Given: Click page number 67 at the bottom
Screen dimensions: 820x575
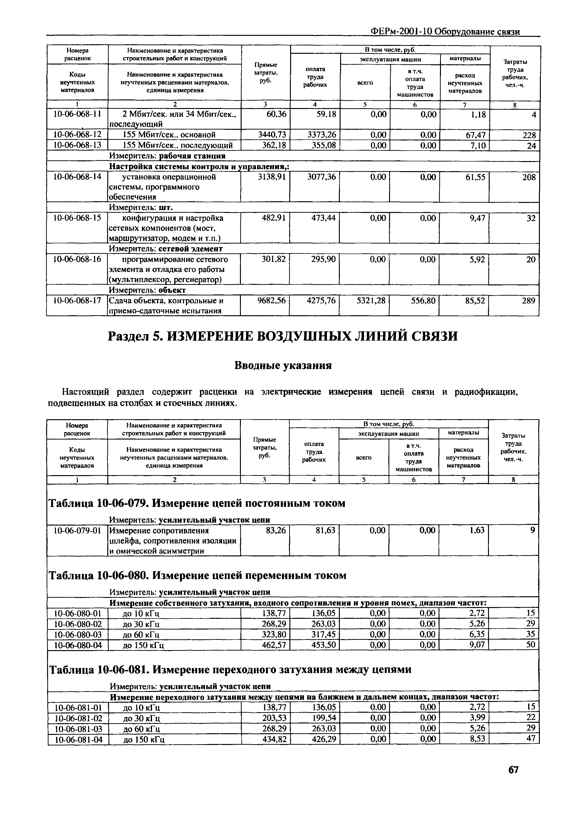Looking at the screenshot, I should tap(513, 780).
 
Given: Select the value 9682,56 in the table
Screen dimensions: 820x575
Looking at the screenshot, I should tap(271, 301).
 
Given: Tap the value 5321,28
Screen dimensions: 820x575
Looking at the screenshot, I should tap(371, 301).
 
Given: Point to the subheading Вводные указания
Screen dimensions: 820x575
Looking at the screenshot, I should tap(283, 365).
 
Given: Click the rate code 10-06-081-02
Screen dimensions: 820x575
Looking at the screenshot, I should tap(78, 718).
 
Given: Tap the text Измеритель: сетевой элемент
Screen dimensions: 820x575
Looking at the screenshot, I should tap(166, 249).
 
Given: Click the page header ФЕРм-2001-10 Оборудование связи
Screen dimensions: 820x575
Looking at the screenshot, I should tap(445, 32).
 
